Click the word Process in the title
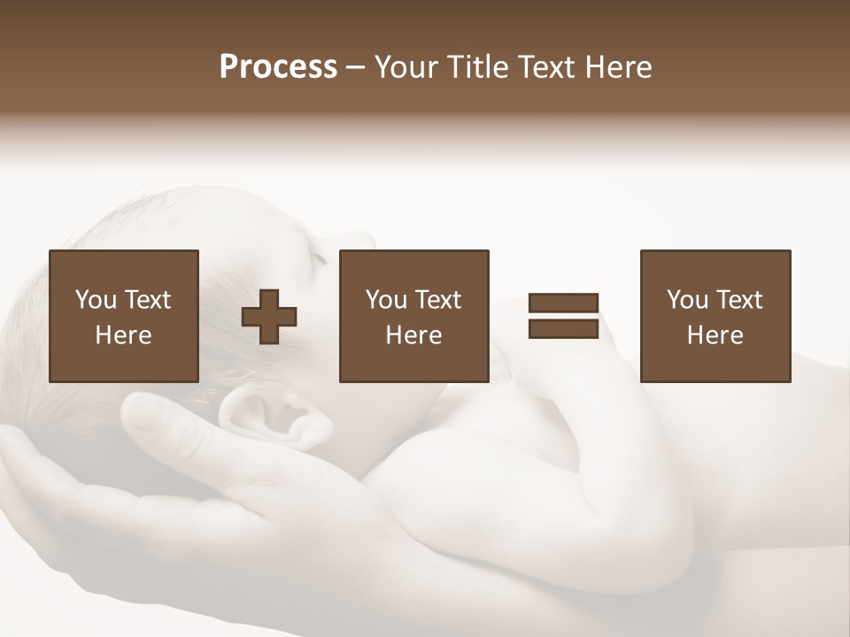click(x=278, y=67)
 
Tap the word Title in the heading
click(x=479, y=67)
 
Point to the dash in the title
click(x=355, y=68)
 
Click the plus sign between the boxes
click(x=269, y=317)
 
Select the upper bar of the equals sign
click(x=563, y=303)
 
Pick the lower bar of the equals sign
click(x=563, y=329)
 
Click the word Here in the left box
click(x=124, y=335)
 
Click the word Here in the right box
click(x=715, y=335)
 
